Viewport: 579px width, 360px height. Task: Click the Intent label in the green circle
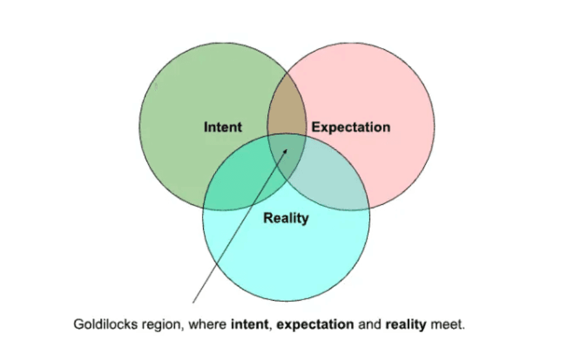click(222, 127)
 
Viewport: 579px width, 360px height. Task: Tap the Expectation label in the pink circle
click(351, 127)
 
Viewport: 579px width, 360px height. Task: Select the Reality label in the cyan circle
click(286, 218)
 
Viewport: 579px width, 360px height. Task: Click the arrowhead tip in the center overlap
click(288, 148)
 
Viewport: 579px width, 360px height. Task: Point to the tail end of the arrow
click(194, 302)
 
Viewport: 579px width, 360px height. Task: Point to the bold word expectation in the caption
click(316, 325)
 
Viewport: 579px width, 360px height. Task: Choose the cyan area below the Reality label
click(286, 260)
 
